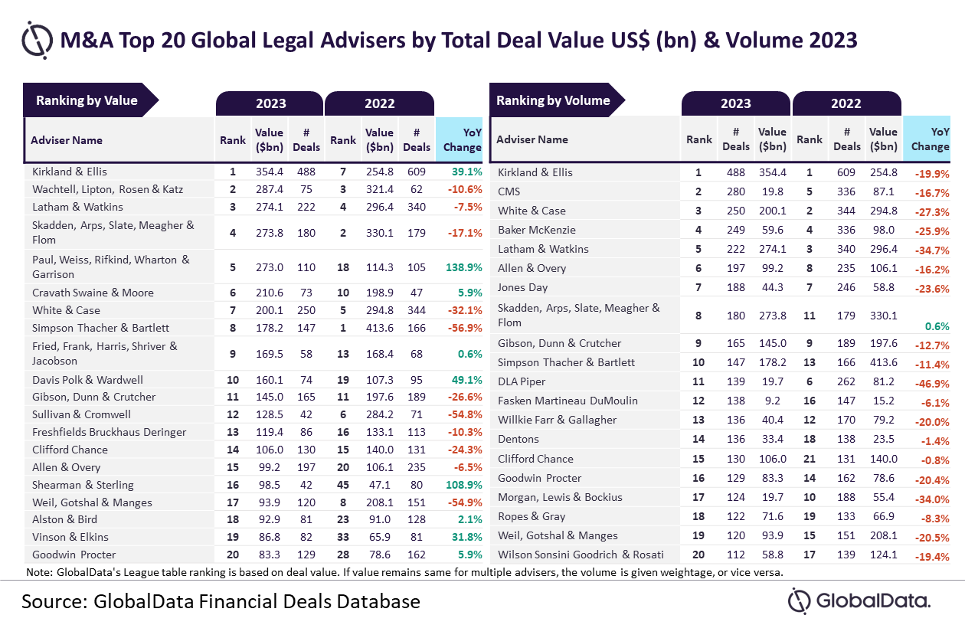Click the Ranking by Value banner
(90, 100)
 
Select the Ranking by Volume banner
(557, 100)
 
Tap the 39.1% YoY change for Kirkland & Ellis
(466, 172)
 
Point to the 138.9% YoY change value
(463, 267)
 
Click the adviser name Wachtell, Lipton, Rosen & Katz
(108, 189)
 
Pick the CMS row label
(509, 191)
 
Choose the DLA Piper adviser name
(522, 381)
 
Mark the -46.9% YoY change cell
(932, 384)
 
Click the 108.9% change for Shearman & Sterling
(463, 485)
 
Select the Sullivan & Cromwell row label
(81, 414)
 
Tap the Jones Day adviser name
(522, 287)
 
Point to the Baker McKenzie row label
(537, 230)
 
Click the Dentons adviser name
(518, 440)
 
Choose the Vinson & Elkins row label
(70, 537)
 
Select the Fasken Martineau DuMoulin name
(568, 401)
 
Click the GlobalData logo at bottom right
(859, 601)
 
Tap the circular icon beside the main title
(38, 40)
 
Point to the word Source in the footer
(54, 602)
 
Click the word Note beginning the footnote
(39, 572)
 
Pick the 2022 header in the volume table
(846, 104)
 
